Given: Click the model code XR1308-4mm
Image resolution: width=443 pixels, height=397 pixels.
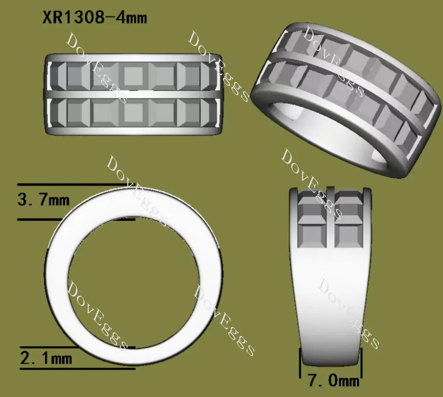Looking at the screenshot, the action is [x=95, y=17].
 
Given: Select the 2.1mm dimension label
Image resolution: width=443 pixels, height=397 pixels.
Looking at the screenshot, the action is [x=46, y=358].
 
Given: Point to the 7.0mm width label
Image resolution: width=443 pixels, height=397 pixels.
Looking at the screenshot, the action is [x=334, y=381].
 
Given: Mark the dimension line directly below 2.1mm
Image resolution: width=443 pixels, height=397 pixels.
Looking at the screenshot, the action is [x=77, y=368].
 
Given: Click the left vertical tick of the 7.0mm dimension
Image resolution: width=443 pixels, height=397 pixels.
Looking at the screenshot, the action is [x=300, y=363].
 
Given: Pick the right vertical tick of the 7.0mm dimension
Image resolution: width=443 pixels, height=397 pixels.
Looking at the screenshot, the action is [x=361, y=363].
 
